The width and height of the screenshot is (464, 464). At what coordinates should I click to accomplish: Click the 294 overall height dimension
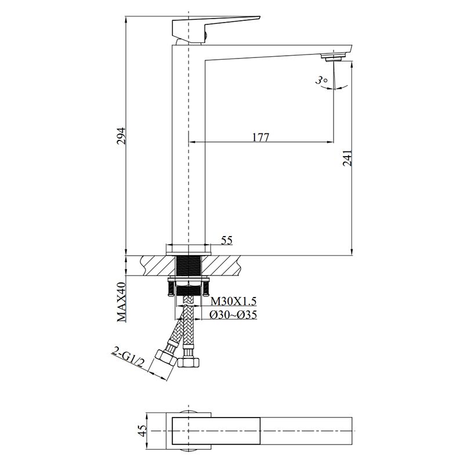point(121,136)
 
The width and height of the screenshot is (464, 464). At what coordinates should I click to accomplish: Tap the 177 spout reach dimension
point(261,137)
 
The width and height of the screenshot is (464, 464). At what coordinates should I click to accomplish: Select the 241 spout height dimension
point(347,158)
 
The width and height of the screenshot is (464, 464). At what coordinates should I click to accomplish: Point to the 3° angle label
point(321,80)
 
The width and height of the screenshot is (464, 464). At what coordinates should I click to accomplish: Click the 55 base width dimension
point(227,240)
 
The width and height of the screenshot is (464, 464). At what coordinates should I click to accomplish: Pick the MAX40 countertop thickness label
point(121,302)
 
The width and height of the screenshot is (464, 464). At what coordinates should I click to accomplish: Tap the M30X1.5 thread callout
point(233,301)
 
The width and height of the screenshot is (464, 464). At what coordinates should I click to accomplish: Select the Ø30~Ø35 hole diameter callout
point(233,315)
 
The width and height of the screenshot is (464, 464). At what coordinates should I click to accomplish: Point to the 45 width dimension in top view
point(143,431)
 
